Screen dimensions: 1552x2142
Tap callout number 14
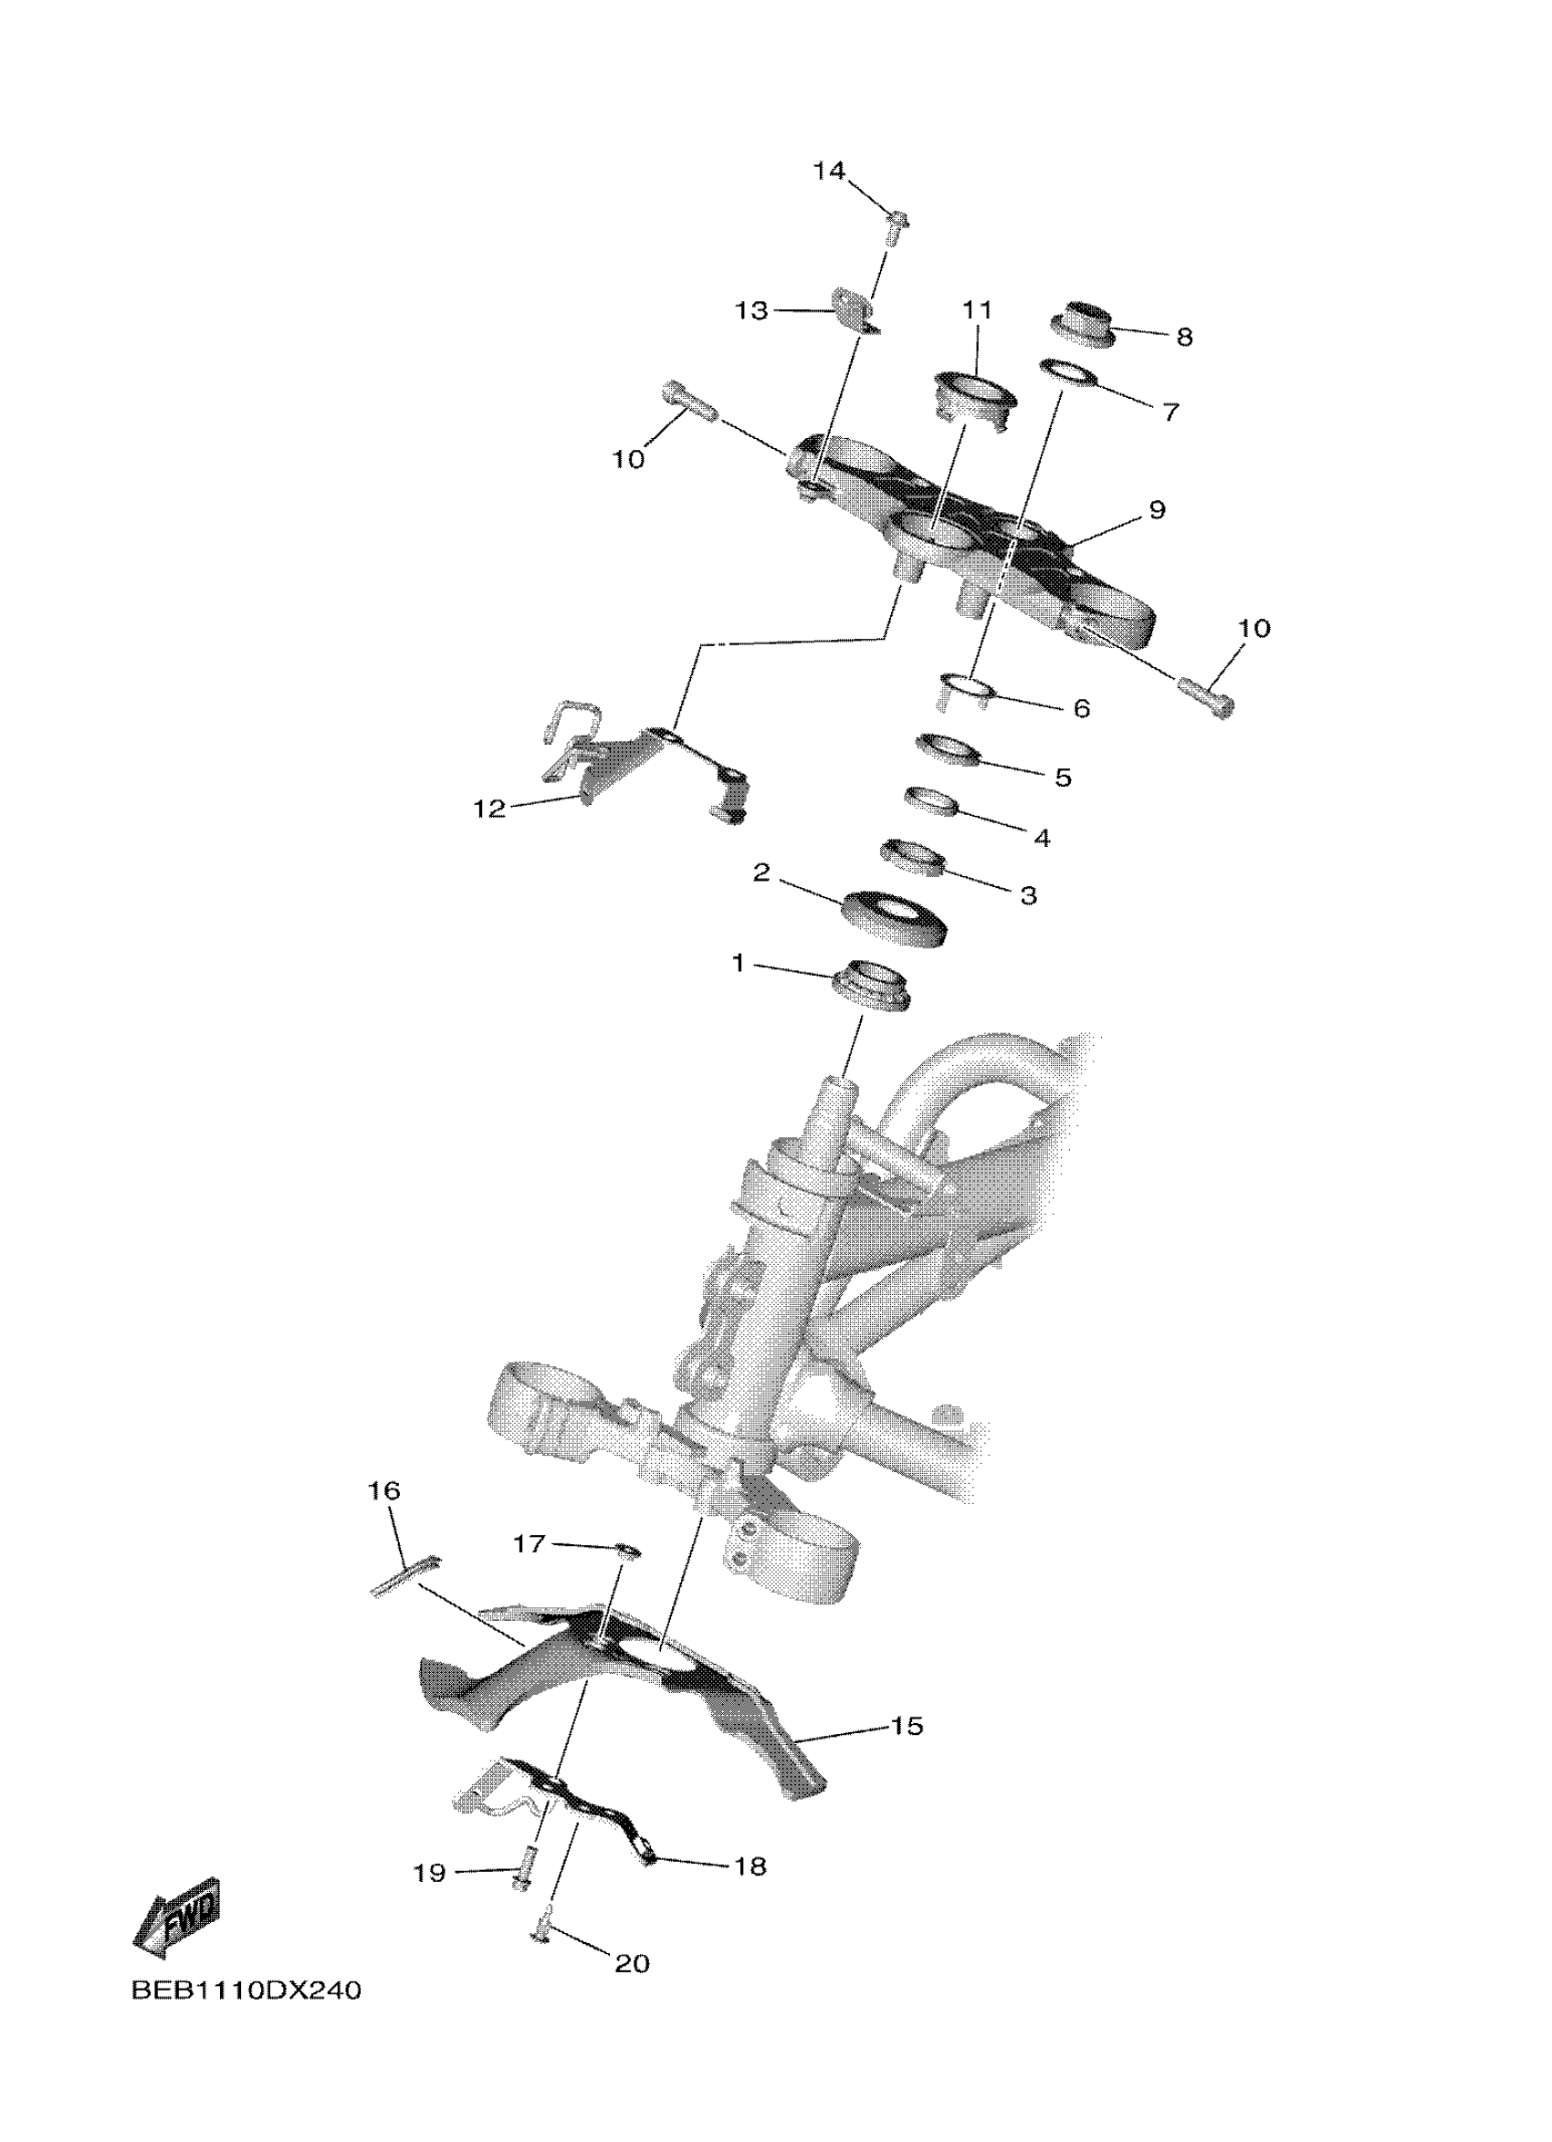[x=828, y=171]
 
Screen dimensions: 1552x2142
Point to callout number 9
[x=1157, y=510]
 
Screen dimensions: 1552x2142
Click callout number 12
[x=489, y=809]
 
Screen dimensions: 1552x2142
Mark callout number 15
[x=906, y=1726]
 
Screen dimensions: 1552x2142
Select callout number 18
[x=750, y=1866]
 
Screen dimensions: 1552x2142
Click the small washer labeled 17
[x=626, y=1549]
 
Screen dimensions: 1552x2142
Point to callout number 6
[x=1082, y=708]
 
